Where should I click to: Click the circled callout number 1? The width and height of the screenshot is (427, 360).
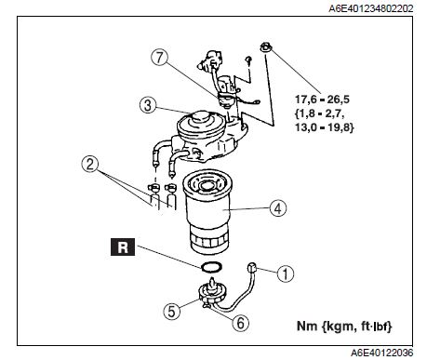click(285, 273)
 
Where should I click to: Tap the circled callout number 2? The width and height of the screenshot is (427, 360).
click(90, 164)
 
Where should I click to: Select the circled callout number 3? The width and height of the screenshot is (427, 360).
click(148, 105)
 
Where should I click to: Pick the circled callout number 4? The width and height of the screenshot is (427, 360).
click(278, 208)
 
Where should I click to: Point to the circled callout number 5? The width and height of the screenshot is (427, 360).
click(172, 311)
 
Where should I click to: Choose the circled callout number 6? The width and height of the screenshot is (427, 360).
click(241, 323)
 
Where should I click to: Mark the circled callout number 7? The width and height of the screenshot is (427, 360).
click(159, 58)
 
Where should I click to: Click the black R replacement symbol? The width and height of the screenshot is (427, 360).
click(123, 247)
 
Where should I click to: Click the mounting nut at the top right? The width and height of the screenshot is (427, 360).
click(266, 47)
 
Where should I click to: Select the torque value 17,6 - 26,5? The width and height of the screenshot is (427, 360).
click(322, 100)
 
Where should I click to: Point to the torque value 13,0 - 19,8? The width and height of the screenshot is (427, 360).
click(325, 127)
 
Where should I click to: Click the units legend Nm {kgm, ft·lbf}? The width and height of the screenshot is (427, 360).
click(344, 327)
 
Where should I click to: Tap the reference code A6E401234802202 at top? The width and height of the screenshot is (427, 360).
click(371, 8)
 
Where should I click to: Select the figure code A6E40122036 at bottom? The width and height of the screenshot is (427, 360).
click(382, 353)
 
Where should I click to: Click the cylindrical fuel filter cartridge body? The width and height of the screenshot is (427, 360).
click(208, 211)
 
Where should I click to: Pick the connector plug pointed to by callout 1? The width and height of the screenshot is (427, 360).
click(251, 267)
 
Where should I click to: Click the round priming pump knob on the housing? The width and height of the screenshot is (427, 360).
click(201, 118)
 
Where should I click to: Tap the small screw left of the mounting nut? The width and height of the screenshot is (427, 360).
click(248, 60)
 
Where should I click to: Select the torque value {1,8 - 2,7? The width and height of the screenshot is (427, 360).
click(319, 113)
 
